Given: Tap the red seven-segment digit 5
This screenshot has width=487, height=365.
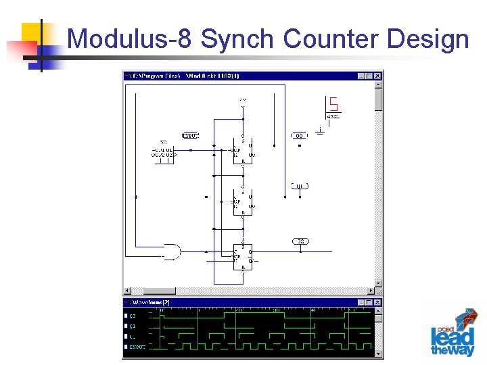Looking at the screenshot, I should click(x=333, y=105).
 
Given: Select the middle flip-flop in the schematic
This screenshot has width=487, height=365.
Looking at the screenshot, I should click(x=243, y=201).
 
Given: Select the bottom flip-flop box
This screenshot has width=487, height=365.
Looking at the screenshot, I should click(x=243, y=256).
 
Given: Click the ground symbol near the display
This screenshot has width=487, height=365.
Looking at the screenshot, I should click(x=319, y=129).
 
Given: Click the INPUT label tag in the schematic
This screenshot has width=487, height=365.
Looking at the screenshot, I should click(x=191, y=136).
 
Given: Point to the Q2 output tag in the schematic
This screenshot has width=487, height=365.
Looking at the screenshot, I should click(x=300, y=241).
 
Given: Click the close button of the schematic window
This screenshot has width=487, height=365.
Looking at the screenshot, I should click(x=378, y=76).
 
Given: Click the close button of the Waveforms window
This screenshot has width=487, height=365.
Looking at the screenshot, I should click(x=378, y=303).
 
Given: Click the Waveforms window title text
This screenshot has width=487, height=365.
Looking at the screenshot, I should click(x=152, y=303).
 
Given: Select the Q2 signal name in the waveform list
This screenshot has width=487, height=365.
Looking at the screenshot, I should click(x=133, y=316).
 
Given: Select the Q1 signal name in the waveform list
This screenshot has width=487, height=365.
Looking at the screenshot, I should click(x=133, y=326).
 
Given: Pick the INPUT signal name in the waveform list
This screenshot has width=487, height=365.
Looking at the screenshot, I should click(x=137, y=347).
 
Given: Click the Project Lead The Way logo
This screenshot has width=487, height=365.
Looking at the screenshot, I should click(x=453, y=333).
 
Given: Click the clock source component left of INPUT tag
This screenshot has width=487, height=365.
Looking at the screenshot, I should click(x=163, y=152).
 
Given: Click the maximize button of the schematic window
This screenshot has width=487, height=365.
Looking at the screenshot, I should click(x=369, y=76).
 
